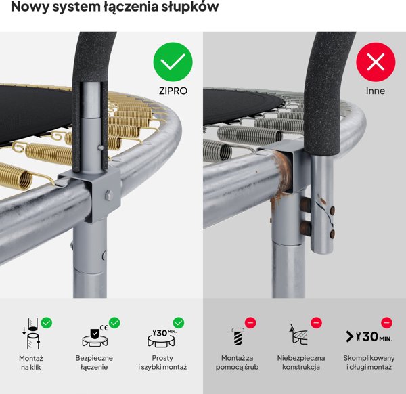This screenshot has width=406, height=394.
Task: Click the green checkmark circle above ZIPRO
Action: (x=173, y=62)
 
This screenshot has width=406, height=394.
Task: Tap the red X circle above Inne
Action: (x=375, y=62)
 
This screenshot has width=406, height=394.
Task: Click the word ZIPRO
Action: (x=173, y=89)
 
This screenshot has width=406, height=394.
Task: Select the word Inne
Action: (x=375, y=89)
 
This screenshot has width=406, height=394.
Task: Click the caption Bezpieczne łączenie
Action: (x=94, y=362)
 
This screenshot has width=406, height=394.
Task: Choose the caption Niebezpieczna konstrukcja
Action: (x=302, y=362)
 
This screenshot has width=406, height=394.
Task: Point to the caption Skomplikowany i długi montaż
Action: (x=367, y=362)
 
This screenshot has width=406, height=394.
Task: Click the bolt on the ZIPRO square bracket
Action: (x=108, y=196)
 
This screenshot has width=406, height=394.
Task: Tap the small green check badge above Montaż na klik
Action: (x=47, y=323)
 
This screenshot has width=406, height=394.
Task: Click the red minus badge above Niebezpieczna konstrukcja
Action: (x=315, y=323)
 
